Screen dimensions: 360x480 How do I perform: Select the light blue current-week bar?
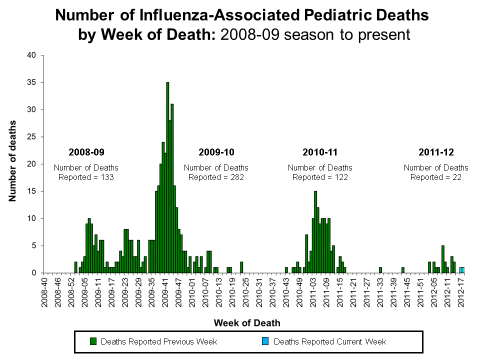(462, 270)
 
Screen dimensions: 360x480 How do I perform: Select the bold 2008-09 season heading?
(86, 151)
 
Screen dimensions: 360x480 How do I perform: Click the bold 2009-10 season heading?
(216, 151)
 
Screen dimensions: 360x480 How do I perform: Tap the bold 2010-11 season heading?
(320, 151)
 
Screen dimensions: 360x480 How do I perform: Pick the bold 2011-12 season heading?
(436, 151)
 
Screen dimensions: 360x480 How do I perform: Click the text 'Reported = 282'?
(216, 177)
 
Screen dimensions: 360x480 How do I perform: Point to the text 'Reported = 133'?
(86, 177)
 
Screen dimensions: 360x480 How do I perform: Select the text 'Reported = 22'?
(436, 177)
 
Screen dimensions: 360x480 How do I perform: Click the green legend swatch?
(93, 341)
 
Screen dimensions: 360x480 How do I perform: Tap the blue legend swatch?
(265, 341)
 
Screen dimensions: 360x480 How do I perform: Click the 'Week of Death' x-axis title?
(247, 322)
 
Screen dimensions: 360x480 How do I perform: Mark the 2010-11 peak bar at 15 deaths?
(315, 232)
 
